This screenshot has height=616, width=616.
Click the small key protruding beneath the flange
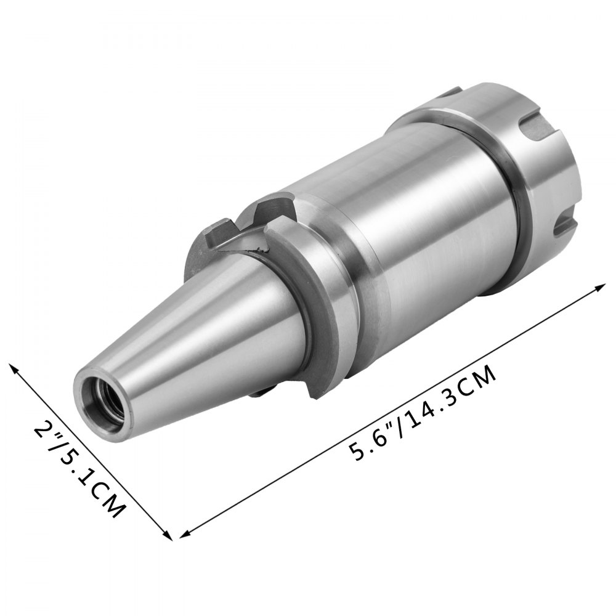[x=262, y=391]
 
